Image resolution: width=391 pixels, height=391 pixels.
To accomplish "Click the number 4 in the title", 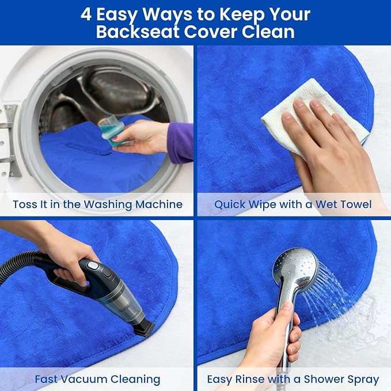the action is pos(86,14).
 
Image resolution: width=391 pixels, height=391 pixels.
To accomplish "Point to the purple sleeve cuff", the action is pos(180,143).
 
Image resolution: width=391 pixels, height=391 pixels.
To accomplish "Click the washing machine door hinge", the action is pos(9,140).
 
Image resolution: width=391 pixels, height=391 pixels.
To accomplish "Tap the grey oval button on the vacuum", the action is pos(93,266).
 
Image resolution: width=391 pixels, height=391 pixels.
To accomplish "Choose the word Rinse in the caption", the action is pos(250,379).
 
